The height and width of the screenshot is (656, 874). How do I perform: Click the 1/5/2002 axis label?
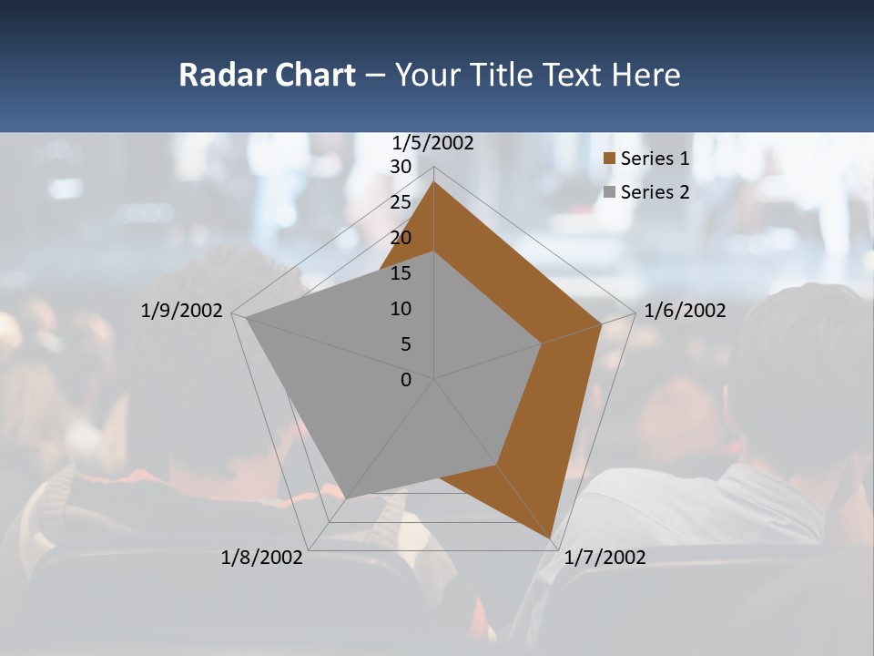coord(433,143)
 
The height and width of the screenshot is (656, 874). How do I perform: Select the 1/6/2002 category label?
coord(685,311)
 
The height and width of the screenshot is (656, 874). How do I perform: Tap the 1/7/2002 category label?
coord(605,557)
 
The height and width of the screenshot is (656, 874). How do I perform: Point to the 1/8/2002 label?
coord(262,557)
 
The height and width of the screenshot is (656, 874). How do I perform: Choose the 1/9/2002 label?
coord(182,311)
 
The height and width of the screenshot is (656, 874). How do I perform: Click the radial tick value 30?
coord(401,167)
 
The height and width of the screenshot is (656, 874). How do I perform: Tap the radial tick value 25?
coord(401,202)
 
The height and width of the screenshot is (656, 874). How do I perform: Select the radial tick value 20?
coord(401,238)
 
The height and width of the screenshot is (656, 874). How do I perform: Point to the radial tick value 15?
coord(401,273)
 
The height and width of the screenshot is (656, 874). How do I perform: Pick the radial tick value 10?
coord(401,309)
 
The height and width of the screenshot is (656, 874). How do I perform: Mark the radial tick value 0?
coord(406,380)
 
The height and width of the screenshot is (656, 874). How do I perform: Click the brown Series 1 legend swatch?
coord(610,159)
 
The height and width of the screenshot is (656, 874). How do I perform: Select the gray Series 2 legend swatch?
coord(610,192)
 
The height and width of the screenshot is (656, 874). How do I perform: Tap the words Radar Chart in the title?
coord(267,75)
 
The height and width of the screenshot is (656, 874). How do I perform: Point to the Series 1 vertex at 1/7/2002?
coord(551,540)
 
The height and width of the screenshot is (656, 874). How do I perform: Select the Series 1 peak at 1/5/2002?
coord(434,182)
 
